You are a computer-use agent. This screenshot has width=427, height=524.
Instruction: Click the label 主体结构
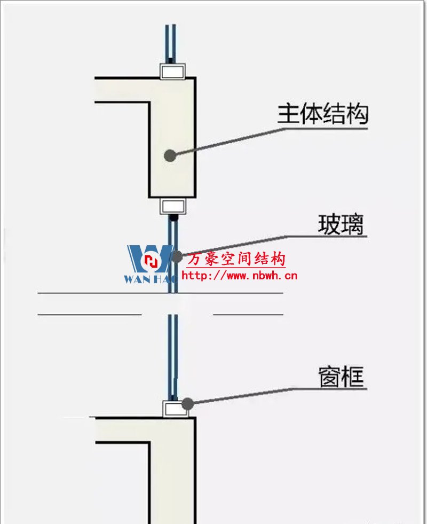[322, 114]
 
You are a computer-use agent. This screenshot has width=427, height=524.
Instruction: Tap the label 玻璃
[341, 225]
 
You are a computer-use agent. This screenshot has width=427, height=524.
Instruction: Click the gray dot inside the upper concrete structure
[170, 155]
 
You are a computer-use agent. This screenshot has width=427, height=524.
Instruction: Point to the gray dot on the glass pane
[177, 256]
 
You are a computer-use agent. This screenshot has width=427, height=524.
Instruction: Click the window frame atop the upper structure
[172, 71]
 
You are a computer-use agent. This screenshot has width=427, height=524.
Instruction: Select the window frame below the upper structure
[172, 206]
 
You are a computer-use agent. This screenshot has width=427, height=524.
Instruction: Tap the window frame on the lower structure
[172, 409]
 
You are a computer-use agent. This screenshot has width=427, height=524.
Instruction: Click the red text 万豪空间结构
[236, 260]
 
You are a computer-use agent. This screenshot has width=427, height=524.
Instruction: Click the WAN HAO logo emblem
[150, 261]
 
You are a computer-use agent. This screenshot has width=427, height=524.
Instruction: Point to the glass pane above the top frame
[170, 43]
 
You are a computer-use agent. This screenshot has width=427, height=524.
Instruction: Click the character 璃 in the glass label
[352, 225]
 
